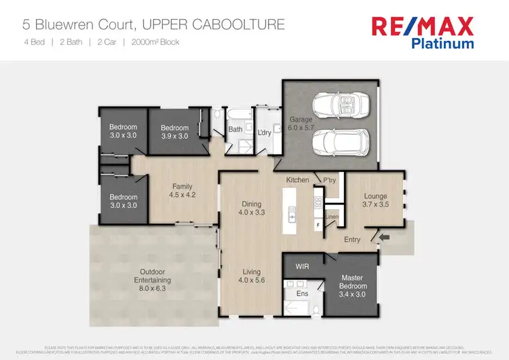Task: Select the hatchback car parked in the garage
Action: tap(341, 143)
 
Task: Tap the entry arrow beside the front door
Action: tap(385, 237)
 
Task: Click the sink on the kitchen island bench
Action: tap(293, 217)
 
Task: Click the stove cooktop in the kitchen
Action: tap(317, 202)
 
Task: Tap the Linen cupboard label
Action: tap(331, 217)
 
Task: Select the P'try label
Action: tap(330, 180)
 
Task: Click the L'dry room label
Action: tap(264, 132)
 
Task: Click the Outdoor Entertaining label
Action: tap(152, 276)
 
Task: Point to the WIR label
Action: tap(303, 267)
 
